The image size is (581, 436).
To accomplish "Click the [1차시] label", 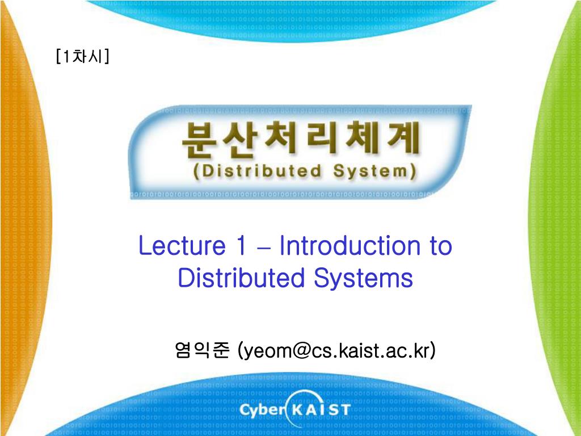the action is (83, 56).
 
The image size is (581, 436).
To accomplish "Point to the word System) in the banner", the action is (374, 171).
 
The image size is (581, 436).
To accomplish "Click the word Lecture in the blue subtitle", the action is (182, 245).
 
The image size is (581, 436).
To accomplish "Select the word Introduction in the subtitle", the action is (350, 245).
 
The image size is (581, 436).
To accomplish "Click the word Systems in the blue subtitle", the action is (364, 278).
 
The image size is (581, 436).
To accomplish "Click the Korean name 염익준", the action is (203, 350).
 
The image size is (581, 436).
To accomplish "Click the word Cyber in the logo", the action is (262, 410).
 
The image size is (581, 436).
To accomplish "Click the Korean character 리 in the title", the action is (323, 137).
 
